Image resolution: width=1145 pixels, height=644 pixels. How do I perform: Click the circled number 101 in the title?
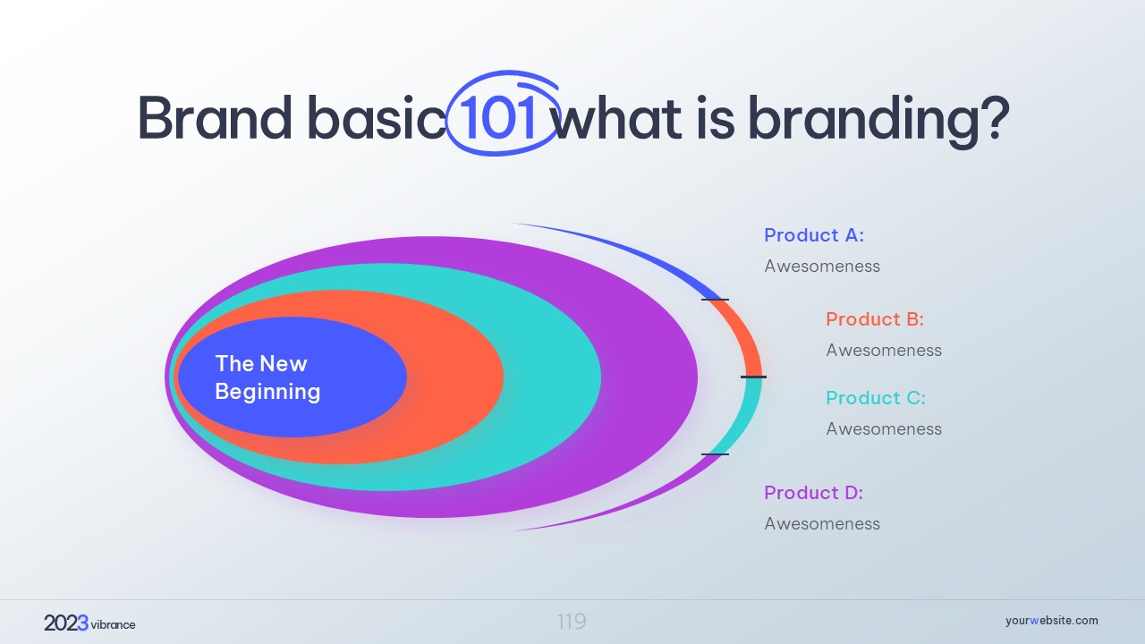coord(496,117)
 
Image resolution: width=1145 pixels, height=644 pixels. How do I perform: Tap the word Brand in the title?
coord(216,117)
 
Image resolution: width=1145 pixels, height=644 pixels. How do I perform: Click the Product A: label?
coord(814,235)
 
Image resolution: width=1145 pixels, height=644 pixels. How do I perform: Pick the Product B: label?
coord(875,319)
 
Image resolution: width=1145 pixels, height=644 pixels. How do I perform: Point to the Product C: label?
coord(876,398)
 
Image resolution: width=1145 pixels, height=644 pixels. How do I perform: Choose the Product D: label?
coord(813,493)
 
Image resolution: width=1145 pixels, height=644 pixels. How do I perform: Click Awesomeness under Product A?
coord(822,267)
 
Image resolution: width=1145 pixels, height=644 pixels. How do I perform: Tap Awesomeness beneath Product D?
coord(822,524)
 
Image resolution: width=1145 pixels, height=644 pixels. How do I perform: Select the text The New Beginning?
coord(267,377)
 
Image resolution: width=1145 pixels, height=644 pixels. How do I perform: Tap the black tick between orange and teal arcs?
coord(753,377)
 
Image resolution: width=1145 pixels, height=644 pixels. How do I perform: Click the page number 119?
coord(572,622)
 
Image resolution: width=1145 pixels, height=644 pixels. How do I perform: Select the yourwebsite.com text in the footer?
coord(1051,621)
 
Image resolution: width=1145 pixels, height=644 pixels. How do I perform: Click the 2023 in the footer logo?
coord(66,623)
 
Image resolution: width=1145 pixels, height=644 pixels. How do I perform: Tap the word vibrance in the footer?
coord(113,624)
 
